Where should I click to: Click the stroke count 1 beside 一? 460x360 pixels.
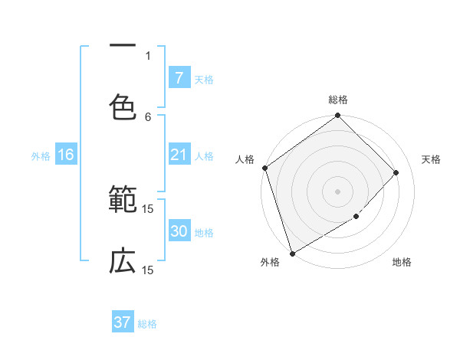click(x=148, y=55)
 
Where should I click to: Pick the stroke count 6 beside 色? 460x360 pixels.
click(x=148, y=116)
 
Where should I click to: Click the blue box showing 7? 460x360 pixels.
click(x=179, y=77)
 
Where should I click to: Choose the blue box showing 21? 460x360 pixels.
click(x=179, y=155)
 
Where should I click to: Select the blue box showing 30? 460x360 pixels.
click(x=179, y=231)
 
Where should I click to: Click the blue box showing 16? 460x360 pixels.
click(x=66, y=155)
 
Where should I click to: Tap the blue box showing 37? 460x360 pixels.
click(x=123, y=322)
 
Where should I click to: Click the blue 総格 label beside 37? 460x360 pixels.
click(x=148, y=324)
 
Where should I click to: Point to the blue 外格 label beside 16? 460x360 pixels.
click(x=41, y=156)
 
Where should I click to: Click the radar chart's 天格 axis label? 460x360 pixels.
click(x=431, y=159)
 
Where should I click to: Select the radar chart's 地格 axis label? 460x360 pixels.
click(x=402, y=263)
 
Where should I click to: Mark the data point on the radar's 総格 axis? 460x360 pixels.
click(x=337, y=116)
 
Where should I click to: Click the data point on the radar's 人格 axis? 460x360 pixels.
click(x=264, y=168)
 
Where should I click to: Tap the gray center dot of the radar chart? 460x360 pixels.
click(x=337, y=191)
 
